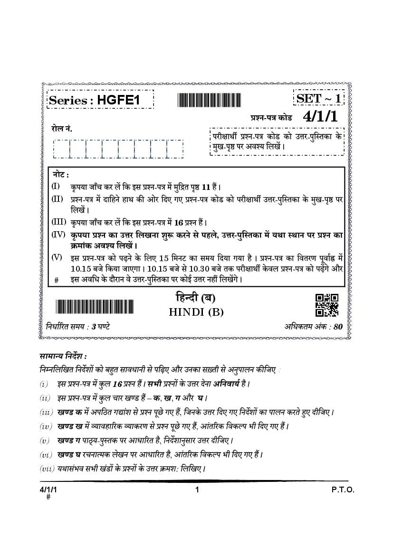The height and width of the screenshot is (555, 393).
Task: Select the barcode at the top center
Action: (209, 100)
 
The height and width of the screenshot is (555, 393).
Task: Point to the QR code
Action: (327, 305)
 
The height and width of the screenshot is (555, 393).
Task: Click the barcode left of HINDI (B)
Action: (95, 307)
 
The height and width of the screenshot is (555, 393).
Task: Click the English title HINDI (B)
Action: (196, 312)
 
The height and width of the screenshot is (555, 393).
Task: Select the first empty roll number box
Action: (61, 149)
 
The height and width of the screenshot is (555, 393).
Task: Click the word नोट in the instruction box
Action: (60, 175)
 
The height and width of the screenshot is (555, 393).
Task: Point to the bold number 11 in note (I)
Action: (204, 187)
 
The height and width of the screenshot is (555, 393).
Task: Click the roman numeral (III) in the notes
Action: (58, 222)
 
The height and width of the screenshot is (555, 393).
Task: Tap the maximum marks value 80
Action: (338, 327)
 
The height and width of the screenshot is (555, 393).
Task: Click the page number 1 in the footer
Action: (196, 490)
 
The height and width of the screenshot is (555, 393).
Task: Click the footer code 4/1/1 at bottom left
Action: (48, 490)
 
